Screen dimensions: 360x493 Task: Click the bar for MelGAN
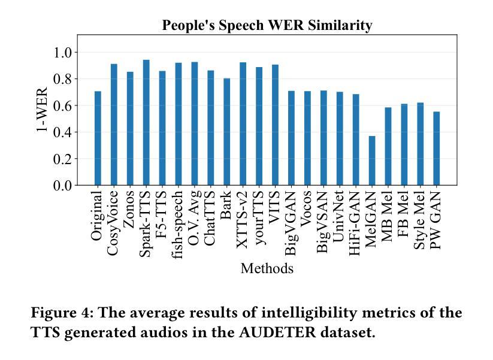[x=372, y=161]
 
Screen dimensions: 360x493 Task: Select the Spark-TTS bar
[x=146, y=123]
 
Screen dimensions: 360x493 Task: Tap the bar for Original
[x=98, y=138]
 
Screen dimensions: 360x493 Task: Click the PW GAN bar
[x=436, y=149]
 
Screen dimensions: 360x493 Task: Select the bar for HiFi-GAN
[x=356, y=140]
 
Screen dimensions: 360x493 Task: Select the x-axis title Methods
[x=267, y=268]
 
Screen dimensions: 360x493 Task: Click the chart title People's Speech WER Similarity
[x=267, y=25]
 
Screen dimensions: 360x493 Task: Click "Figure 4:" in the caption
[x=62, y=313]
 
